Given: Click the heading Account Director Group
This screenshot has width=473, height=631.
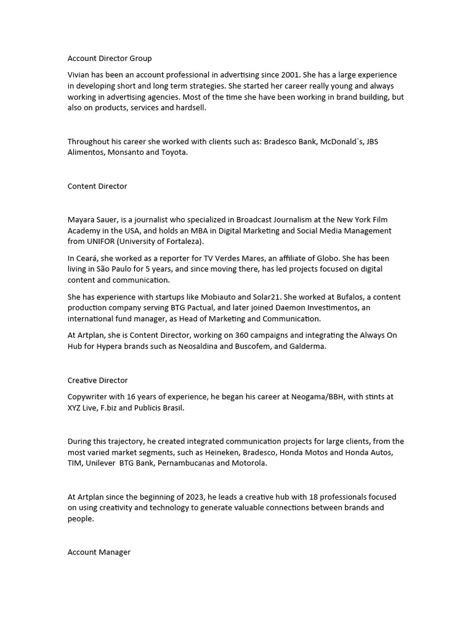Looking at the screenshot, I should (110, 59).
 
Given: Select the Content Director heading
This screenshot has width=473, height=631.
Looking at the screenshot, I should (97, 186).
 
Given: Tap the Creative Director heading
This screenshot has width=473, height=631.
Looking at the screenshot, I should (98, 380).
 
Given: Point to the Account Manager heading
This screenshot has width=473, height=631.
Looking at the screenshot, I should (99, 552).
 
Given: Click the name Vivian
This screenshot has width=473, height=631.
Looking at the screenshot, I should (79, 75).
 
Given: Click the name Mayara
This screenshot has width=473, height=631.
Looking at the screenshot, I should (83, 219).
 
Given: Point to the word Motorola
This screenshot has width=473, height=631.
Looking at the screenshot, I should (249, 463).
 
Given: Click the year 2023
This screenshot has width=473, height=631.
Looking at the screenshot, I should (190, 497).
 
